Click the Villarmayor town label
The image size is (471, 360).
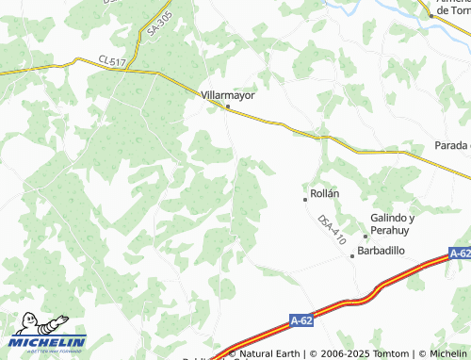[x=229, y=95]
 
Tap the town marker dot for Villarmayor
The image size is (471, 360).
[x=228, y=107]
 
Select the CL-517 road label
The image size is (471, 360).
[x=112, y=61]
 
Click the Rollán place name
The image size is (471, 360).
[x=324, y=193]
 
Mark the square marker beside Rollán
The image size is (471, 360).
[x=305, y=200]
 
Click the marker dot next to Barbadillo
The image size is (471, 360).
[x=353, y=255]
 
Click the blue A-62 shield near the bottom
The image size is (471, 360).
[x=301, y=321]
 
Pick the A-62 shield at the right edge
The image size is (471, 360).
[x=460, y=254]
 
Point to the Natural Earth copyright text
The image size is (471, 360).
[x=268, y=354]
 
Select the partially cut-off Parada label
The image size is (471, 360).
[x=452, y=145]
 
